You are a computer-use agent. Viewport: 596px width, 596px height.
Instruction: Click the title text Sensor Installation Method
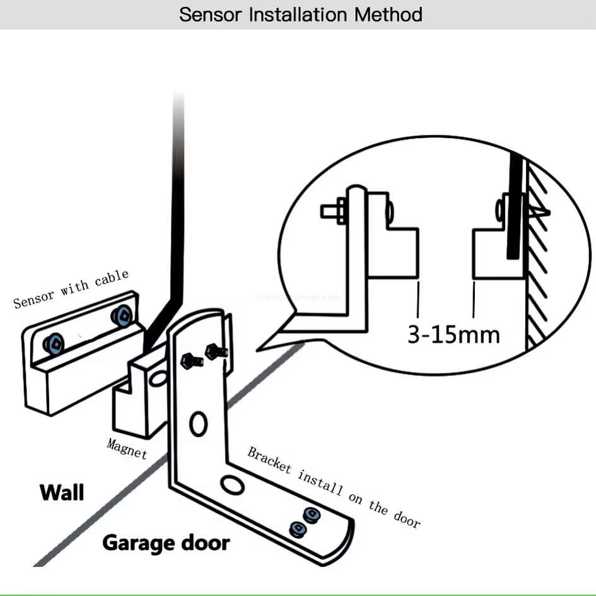pos(300,15)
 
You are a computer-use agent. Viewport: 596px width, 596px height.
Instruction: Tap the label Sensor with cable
pos(71,289)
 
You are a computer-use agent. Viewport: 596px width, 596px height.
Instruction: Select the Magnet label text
pos(127,448)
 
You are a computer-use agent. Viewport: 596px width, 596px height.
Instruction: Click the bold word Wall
pos(62,493)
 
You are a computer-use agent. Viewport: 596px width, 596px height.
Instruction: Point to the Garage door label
pos(166,542)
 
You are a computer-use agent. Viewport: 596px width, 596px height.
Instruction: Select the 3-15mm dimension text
pos(453,334)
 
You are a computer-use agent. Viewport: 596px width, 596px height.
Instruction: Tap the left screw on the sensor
pos(54,343)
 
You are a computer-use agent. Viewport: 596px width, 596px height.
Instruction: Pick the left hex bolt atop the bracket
pos(192,360)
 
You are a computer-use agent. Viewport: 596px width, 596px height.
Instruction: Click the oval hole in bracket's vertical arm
pos(199,423)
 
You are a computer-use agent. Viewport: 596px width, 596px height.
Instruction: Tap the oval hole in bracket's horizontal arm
pos(231,485)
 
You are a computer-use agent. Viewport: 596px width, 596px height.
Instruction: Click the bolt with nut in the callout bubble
pos(334,210)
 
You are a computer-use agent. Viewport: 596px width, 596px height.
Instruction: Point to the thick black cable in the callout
pos(513,208)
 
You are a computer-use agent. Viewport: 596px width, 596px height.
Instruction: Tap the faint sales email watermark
pos(297,297)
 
